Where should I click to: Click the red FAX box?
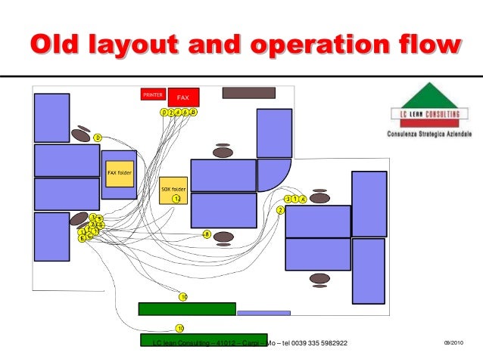click(183, 97)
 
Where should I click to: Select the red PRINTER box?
click(153, 95)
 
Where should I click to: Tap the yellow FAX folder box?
click(119, 173)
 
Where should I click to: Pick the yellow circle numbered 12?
click(176, 199)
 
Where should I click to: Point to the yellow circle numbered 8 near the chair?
click(207, 234)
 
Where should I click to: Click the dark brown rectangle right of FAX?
click(248, 92)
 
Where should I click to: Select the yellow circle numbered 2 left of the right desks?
click(280, 209)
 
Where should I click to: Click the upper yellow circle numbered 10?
click(183, 298)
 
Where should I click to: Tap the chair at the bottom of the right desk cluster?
click(320, 278)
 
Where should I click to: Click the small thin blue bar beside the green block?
click(263, 312)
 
